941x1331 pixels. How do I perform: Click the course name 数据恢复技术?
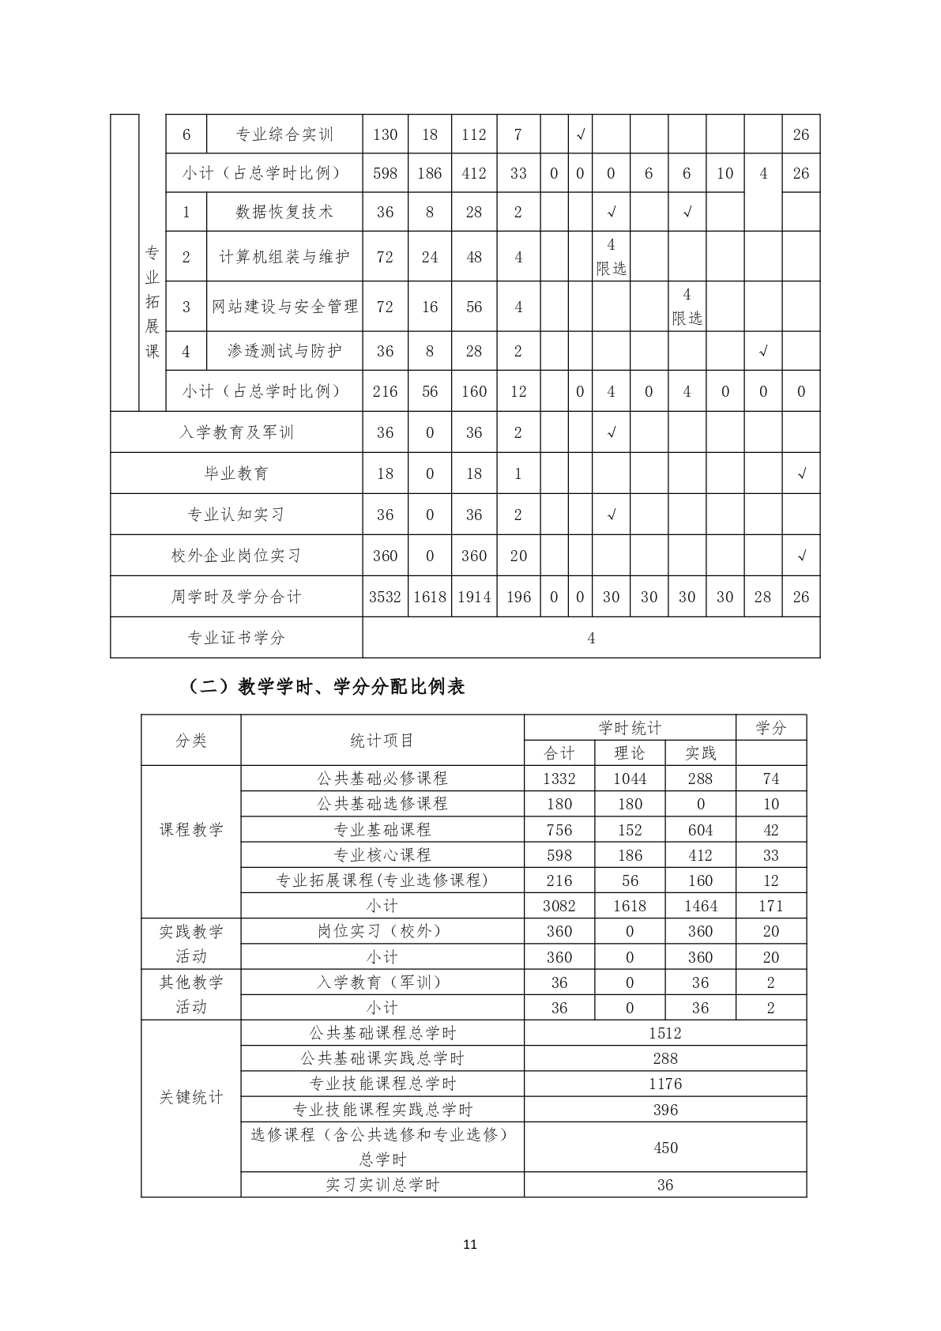click(x=284, y=212)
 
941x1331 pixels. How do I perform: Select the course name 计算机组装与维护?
click(x=284, y=257)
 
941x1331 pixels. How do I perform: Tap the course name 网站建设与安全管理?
click(x=284, y=307)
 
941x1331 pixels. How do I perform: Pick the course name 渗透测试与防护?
click(x=284, y=351)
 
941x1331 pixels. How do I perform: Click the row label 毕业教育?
click(x=236, y=473)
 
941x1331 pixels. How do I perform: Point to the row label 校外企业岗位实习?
click(x=236, y=556)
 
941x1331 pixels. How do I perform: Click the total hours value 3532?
click(x=385, y=597)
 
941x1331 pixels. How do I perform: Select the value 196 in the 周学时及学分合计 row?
click(x=518, y=597)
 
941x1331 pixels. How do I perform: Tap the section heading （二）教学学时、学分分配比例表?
click(x=326, y=687)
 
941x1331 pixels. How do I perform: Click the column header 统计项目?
click(x=382, y=741)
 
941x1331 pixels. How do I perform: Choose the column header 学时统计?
click(x=630, y=728)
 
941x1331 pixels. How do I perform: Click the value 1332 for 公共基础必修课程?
click(x=559, y=779)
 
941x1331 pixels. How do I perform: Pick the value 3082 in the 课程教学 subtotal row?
click(x=559, y=906)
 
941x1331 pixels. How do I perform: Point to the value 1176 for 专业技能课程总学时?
click(x=665, y=1084)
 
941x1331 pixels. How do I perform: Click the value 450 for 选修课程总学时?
click(x=665, y=1148)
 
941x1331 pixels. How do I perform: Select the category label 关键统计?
click(x=191, y=1097)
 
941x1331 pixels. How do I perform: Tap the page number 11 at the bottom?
click(x=470, y=1245)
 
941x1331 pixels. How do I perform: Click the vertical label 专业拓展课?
click(x=152, y=302)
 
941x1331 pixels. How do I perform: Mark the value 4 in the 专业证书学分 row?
click(x=591, y=638)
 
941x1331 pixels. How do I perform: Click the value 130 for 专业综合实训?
click(x=385, y=134)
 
